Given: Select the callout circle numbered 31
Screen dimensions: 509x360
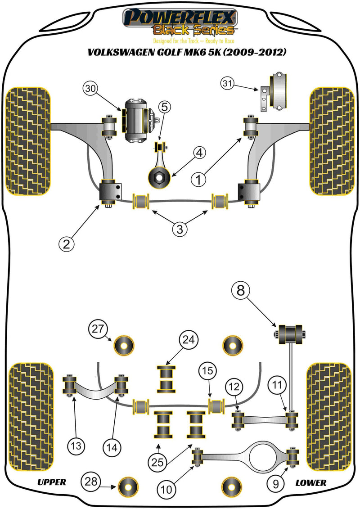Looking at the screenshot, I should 228,83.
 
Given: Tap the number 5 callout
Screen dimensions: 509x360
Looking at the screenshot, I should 164,107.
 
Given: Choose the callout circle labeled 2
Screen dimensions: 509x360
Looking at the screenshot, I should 66,244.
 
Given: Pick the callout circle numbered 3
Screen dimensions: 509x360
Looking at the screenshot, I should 180,229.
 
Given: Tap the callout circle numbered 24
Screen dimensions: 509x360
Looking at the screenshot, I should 189,340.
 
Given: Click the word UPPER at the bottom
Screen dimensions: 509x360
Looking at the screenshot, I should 51,482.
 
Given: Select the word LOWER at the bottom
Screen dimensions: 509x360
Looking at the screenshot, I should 310,482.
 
